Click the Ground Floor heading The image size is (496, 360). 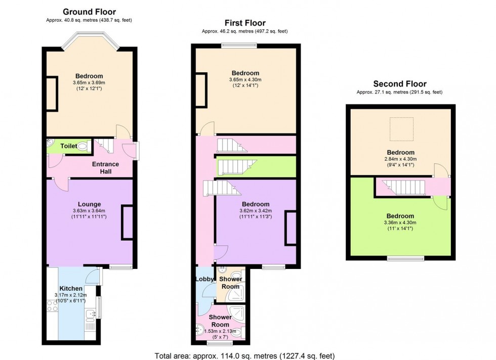pos(89,12)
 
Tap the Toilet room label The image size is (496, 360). pos(69,146)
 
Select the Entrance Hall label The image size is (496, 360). pos(105,168)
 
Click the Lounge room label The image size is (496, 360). pos(89,204)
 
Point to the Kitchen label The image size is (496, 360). pos(71,288)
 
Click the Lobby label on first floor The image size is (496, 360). pos(204,279)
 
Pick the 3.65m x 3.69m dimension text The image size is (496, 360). pos(89,83)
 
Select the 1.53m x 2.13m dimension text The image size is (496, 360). pos(220,331)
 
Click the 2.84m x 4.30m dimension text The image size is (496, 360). pos(400,159)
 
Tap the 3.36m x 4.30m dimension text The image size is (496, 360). pos(400,222)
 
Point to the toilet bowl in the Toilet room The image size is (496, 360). pos(82,146)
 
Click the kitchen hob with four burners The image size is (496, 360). pos(52,306)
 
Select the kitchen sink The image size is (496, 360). pos(90,314)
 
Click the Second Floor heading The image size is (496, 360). pos(400,84)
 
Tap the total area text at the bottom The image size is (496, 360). pos(244,356)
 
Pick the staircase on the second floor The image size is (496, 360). pos(403,188)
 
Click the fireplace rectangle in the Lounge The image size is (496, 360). pos(127,222)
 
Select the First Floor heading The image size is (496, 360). pos(245,23)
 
